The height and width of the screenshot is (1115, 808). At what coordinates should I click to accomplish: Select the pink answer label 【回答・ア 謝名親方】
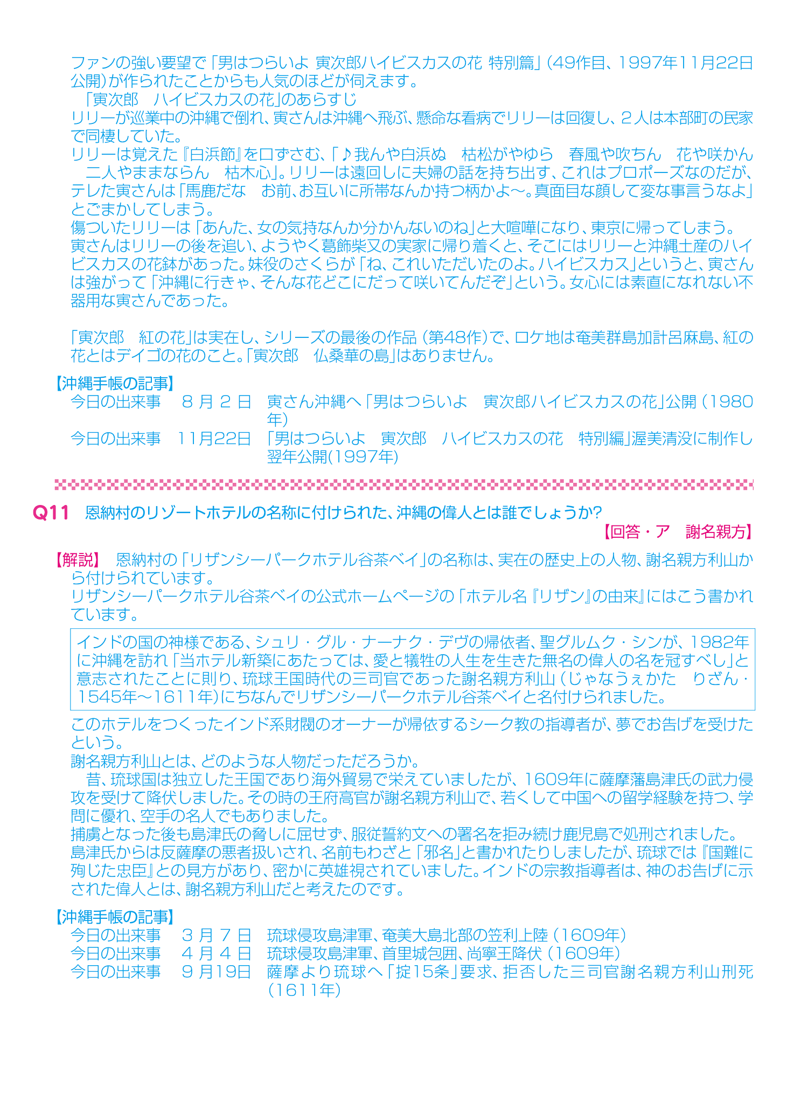point(677,532)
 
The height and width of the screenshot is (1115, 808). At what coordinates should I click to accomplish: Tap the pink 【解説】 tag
point(77,560)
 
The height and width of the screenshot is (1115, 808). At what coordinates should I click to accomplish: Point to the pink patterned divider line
point(404,484)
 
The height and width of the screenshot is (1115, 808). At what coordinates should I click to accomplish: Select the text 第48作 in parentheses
point(457,338)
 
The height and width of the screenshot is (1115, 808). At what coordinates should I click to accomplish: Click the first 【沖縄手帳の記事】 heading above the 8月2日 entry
point(114,383)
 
